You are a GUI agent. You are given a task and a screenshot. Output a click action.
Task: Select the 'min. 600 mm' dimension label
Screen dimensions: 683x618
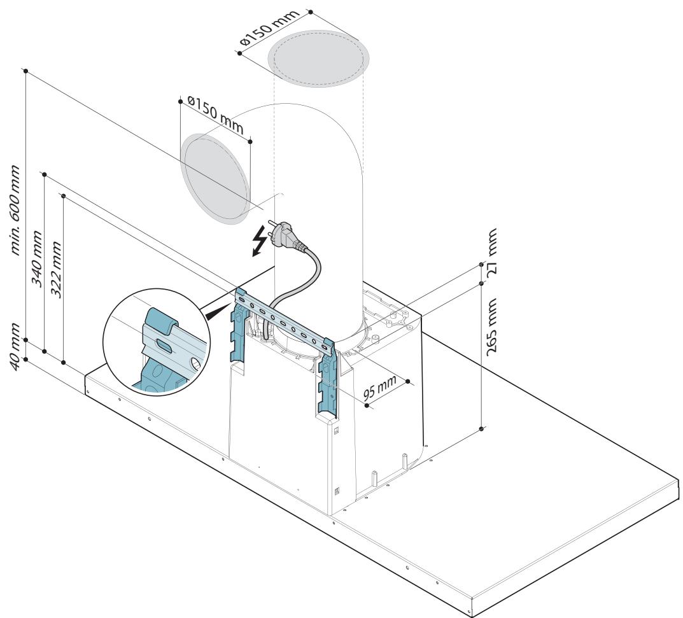click(15, 210)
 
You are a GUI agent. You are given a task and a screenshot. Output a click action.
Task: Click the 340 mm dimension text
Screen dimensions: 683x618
click(38, 259)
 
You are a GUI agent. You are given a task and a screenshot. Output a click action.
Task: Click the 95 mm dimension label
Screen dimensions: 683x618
click(380, 387)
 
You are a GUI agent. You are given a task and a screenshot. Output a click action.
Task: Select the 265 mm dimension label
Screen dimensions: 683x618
click(491, 327)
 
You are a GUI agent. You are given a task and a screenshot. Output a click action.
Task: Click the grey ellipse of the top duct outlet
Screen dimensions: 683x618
click(318, 59)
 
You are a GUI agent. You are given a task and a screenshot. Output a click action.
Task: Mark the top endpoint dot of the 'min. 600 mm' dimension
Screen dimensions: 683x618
click(25, 71)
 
